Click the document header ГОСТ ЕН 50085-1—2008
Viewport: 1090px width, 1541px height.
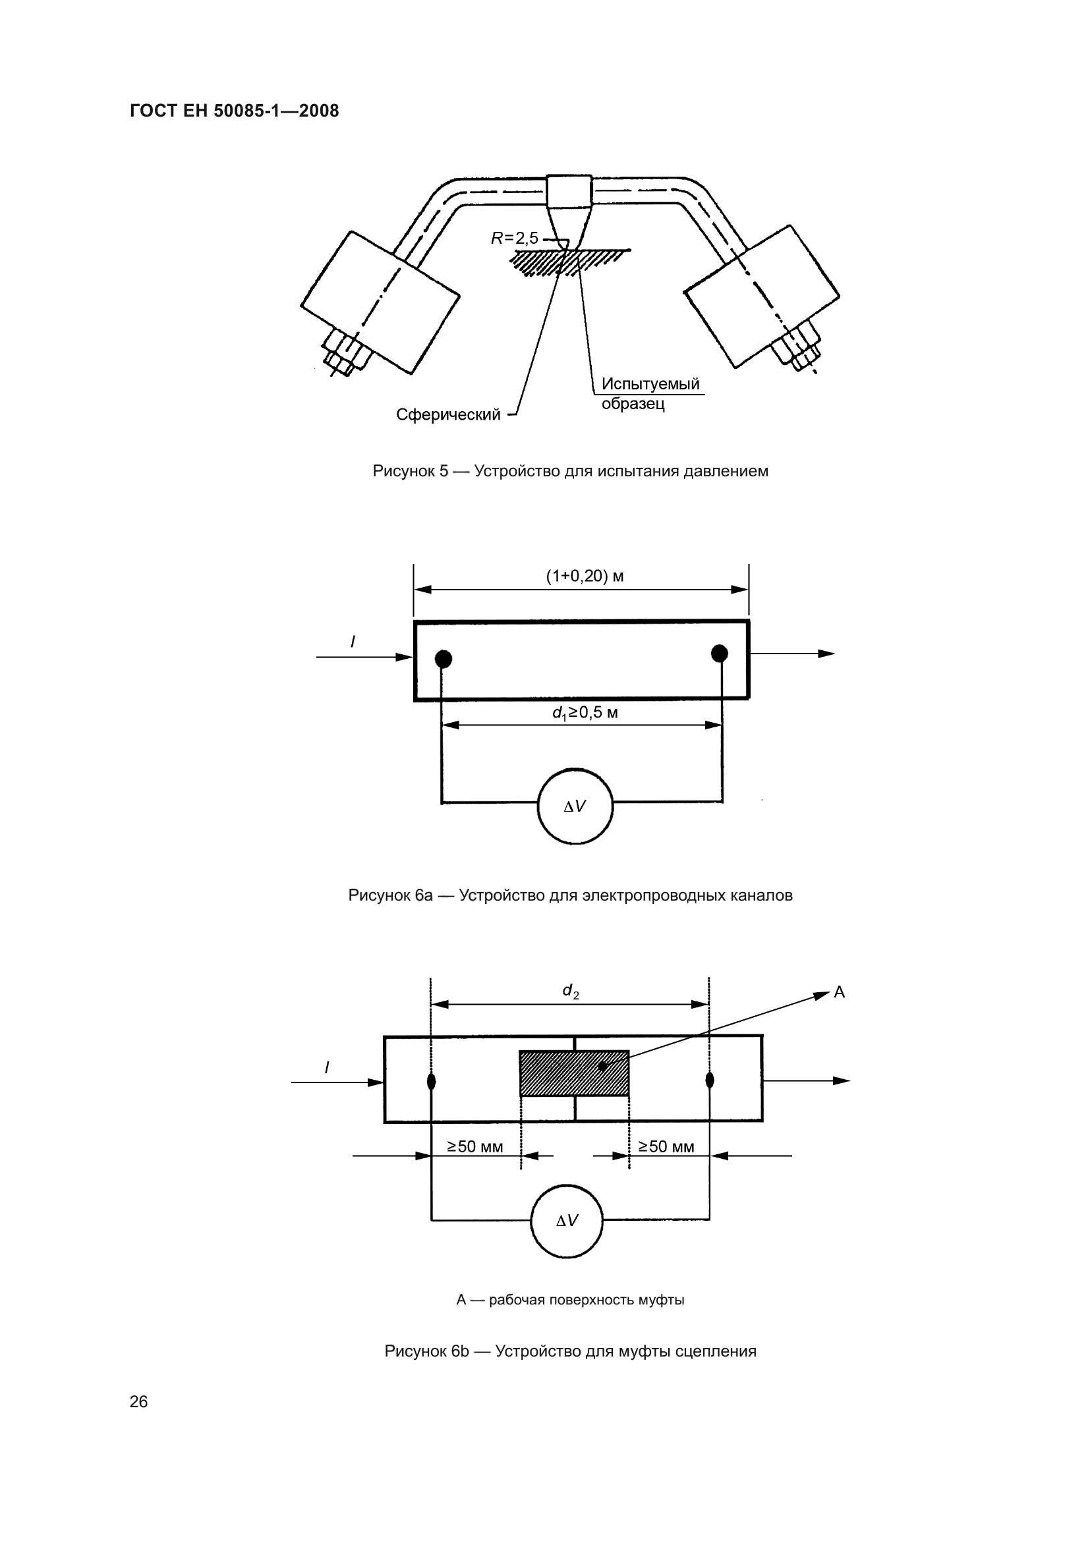[x=234, y=111]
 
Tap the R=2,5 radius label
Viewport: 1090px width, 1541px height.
[x=515, y=238]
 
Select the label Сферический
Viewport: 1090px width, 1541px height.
[x=448, y=415]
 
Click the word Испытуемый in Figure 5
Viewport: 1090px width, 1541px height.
[x=650, y=384]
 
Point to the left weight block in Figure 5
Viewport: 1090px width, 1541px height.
[x=380, y=302]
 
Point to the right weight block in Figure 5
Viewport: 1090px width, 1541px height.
[x=762, y=296]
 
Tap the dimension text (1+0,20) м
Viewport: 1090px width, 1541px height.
[x=585, y=576]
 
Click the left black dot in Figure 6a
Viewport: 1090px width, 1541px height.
[x=443, y=659]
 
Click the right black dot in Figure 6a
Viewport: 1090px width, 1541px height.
[x=720, y=653]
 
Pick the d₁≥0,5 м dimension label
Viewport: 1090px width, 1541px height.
[x=585, y=713]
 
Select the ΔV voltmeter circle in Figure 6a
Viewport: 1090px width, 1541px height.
[x=575, y=806]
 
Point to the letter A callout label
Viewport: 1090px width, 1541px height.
[x=839, y=992]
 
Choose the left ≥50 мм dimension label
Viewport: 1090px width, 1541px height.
[x=475, y=1146]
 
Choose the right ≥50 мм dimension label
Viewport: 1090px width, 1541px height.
[x=666, y=1146]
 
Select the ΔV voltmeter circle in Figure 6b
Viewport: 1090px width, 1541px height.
[x=567, y=1221]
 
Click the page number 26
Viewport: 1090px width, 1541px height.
[x=138, y=1401]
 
